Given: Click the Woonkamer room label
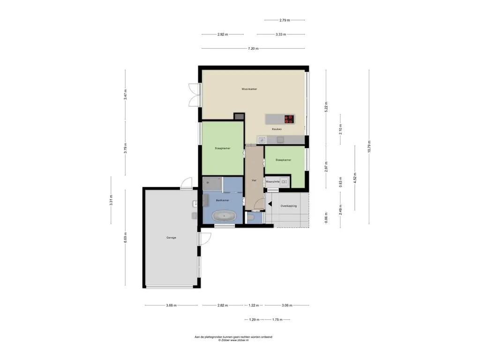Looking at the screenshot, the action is [249, 89].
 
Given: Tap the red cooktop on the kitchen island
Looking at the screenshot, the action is [289, 119].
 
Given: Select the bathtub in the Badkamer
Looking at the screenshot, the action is [225, 216].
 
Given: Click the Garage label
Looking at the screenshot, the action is [171, 238].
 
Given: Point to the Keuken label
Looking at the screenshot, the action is [277, 129].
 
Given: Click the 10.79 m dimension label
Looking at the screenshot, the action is [369, 146].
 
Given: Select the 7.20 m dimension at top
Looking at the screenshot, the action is [253, 48].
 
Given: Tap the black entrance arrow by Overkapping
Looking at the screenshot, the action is [270, 204].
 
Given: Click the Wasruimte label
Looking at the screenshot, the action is [272, 182].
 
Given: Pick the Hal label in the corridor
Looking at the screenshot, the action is [254, 180].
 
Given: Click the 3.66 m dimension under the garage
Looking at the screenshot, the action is [172, 305].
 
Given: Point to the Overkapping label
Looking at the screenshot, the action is [289, 206].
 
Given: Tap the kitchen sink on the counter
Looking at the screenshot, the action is [262, 140].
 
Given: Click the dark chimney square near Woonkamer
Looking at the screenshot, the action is [239, 116].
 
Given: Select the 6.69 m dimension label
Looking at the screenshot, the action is [125, 238].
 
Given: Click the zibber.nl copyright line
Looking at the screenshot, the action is [233, 340].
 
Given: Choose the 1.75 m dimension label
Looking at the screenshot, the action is [277, 320].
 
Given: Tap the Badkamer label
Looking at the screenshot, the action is [223, 200].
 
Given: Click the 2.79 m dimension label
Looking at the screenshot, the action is [285, 20].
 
